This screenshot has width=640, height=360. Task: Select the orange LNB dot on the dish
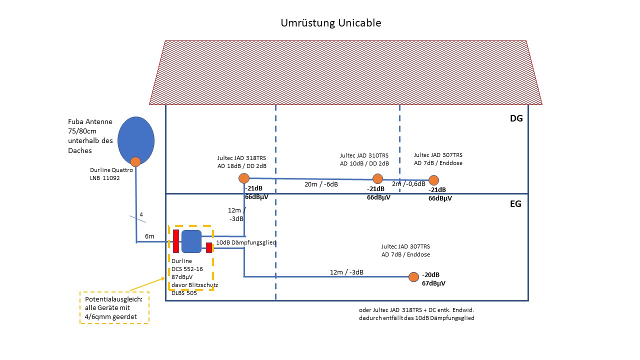(135, 161)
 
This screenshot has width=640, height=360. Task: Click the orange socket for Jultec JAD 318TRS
(244, 178)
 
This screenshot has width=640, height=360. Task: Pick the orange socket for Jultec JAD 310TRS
(377, 178)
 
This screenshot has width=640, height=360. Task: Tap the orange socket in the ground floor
(413, 276)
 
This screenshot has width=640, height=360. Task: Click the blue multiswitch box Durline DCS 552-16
(191, 241)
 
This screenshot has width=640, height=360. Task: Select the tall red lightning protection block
(176, 241)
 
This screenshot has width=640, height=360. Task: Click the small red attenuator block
(209, 247)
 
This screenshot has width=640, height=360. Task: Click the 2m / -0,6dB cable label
(409, 184)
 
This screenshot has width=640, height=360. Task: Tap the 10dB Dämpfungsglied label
(246, 242)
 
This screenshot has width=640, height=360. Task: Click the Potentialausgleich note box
(114, 307)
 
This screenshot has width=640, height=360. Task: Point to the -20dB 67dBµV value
(433, 279)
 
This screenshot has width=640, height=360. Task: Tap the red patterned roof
(345, 72)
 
